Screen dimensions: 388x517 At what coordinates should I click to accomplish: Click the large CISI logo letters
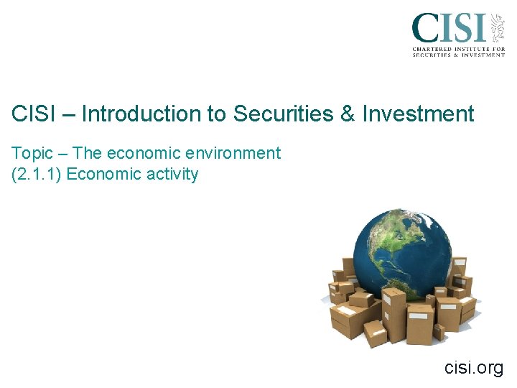click(x=449, y=29)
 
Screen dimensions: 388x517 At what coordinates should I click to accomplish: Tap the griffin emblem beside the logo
click(x=496, y=28)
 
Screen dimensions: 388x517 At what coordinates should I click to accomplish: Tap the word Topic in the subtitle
click(x=32, y=153)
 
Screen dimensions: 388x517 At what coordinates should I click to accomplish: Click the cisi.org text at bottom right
click(x=474, y=368)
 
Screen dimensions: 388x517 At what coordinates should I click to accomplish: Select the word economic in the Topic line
click(x=139, y=153)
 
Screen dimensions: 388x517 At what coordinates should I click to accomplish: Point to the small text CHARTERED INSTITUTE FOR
click(x=458, y=48)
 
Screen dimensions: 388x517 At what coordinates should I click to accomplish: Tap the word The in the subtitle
click(x=88, y=153)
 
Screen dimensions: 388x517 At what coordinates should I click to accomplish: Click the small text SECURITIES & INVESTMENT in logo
click(x=458, y=55)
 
